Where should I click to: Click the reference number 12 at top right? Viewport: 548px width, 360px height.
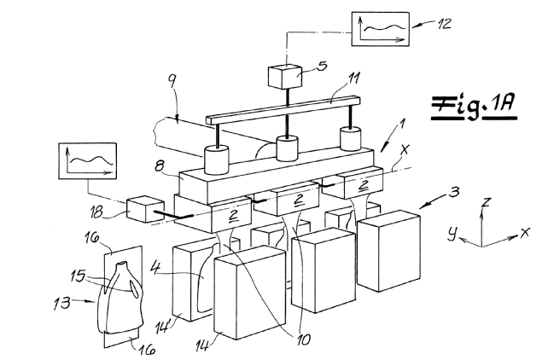pos(444,24)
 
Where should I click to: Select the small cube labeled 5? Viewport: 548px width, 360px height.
pos(285,77)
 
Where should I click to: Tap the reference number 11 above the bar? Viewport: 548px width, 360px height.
pos(353,79)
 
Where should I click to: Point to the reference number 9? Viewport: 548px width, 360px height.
pos(172,81)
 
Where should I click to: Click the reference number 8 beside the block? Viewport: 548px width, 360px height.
pos(160,165)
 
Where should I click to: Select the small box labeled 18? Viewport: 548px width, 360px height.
pos(145,210)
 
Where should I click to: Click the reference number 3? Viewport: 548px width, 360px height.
pos(454,192)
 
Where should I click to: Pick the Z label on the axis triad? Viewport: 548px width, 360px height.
pos(487,202)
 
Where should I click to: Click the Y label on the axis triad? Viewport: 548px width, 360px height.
pos(453,233)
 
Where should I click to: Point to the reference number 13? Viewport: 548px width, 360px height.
pos(61,303)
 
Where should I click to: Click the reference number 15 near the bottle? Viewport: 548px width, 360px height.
pos(78,276)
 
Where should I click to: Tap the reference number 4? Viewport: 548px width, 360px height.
pos(156,268)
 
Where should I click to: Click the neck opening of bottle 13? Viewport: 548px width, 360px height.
pos(121,264)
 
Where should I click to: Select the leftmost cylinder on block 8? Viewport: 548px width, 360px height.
pos(216,160)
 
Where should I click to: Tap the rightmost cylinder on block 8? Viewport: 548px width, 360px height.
pos(351,139)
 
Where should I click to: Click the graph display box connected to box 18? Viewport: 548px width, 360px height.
pos(88,160)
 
